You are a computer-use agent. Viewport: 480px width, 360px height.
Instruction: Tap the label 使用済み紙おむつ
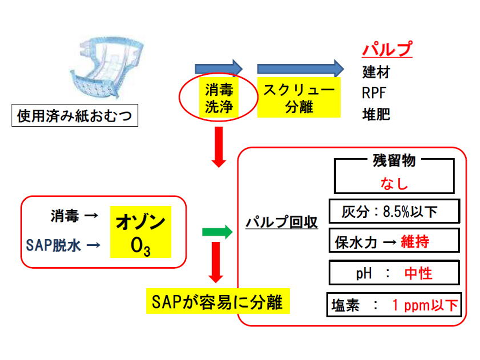coord(75,117)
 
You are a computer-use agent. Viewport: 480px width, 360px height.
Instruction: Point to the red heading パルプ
coord(387,50)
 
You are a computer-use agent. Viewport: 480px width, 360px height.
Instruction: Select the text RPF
coord(374,93)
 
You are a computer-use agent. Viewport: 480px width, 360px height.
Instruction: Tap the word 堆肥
coord(376,115)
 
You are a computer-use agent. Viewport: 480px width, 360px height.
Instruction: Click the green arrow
coord(217,231)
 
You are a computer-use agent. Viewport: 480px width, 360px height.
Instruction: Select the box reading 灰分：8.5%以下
coord(394,212)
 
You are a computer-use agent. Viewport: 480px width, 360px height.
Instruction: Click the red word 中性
coord(418,273)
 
